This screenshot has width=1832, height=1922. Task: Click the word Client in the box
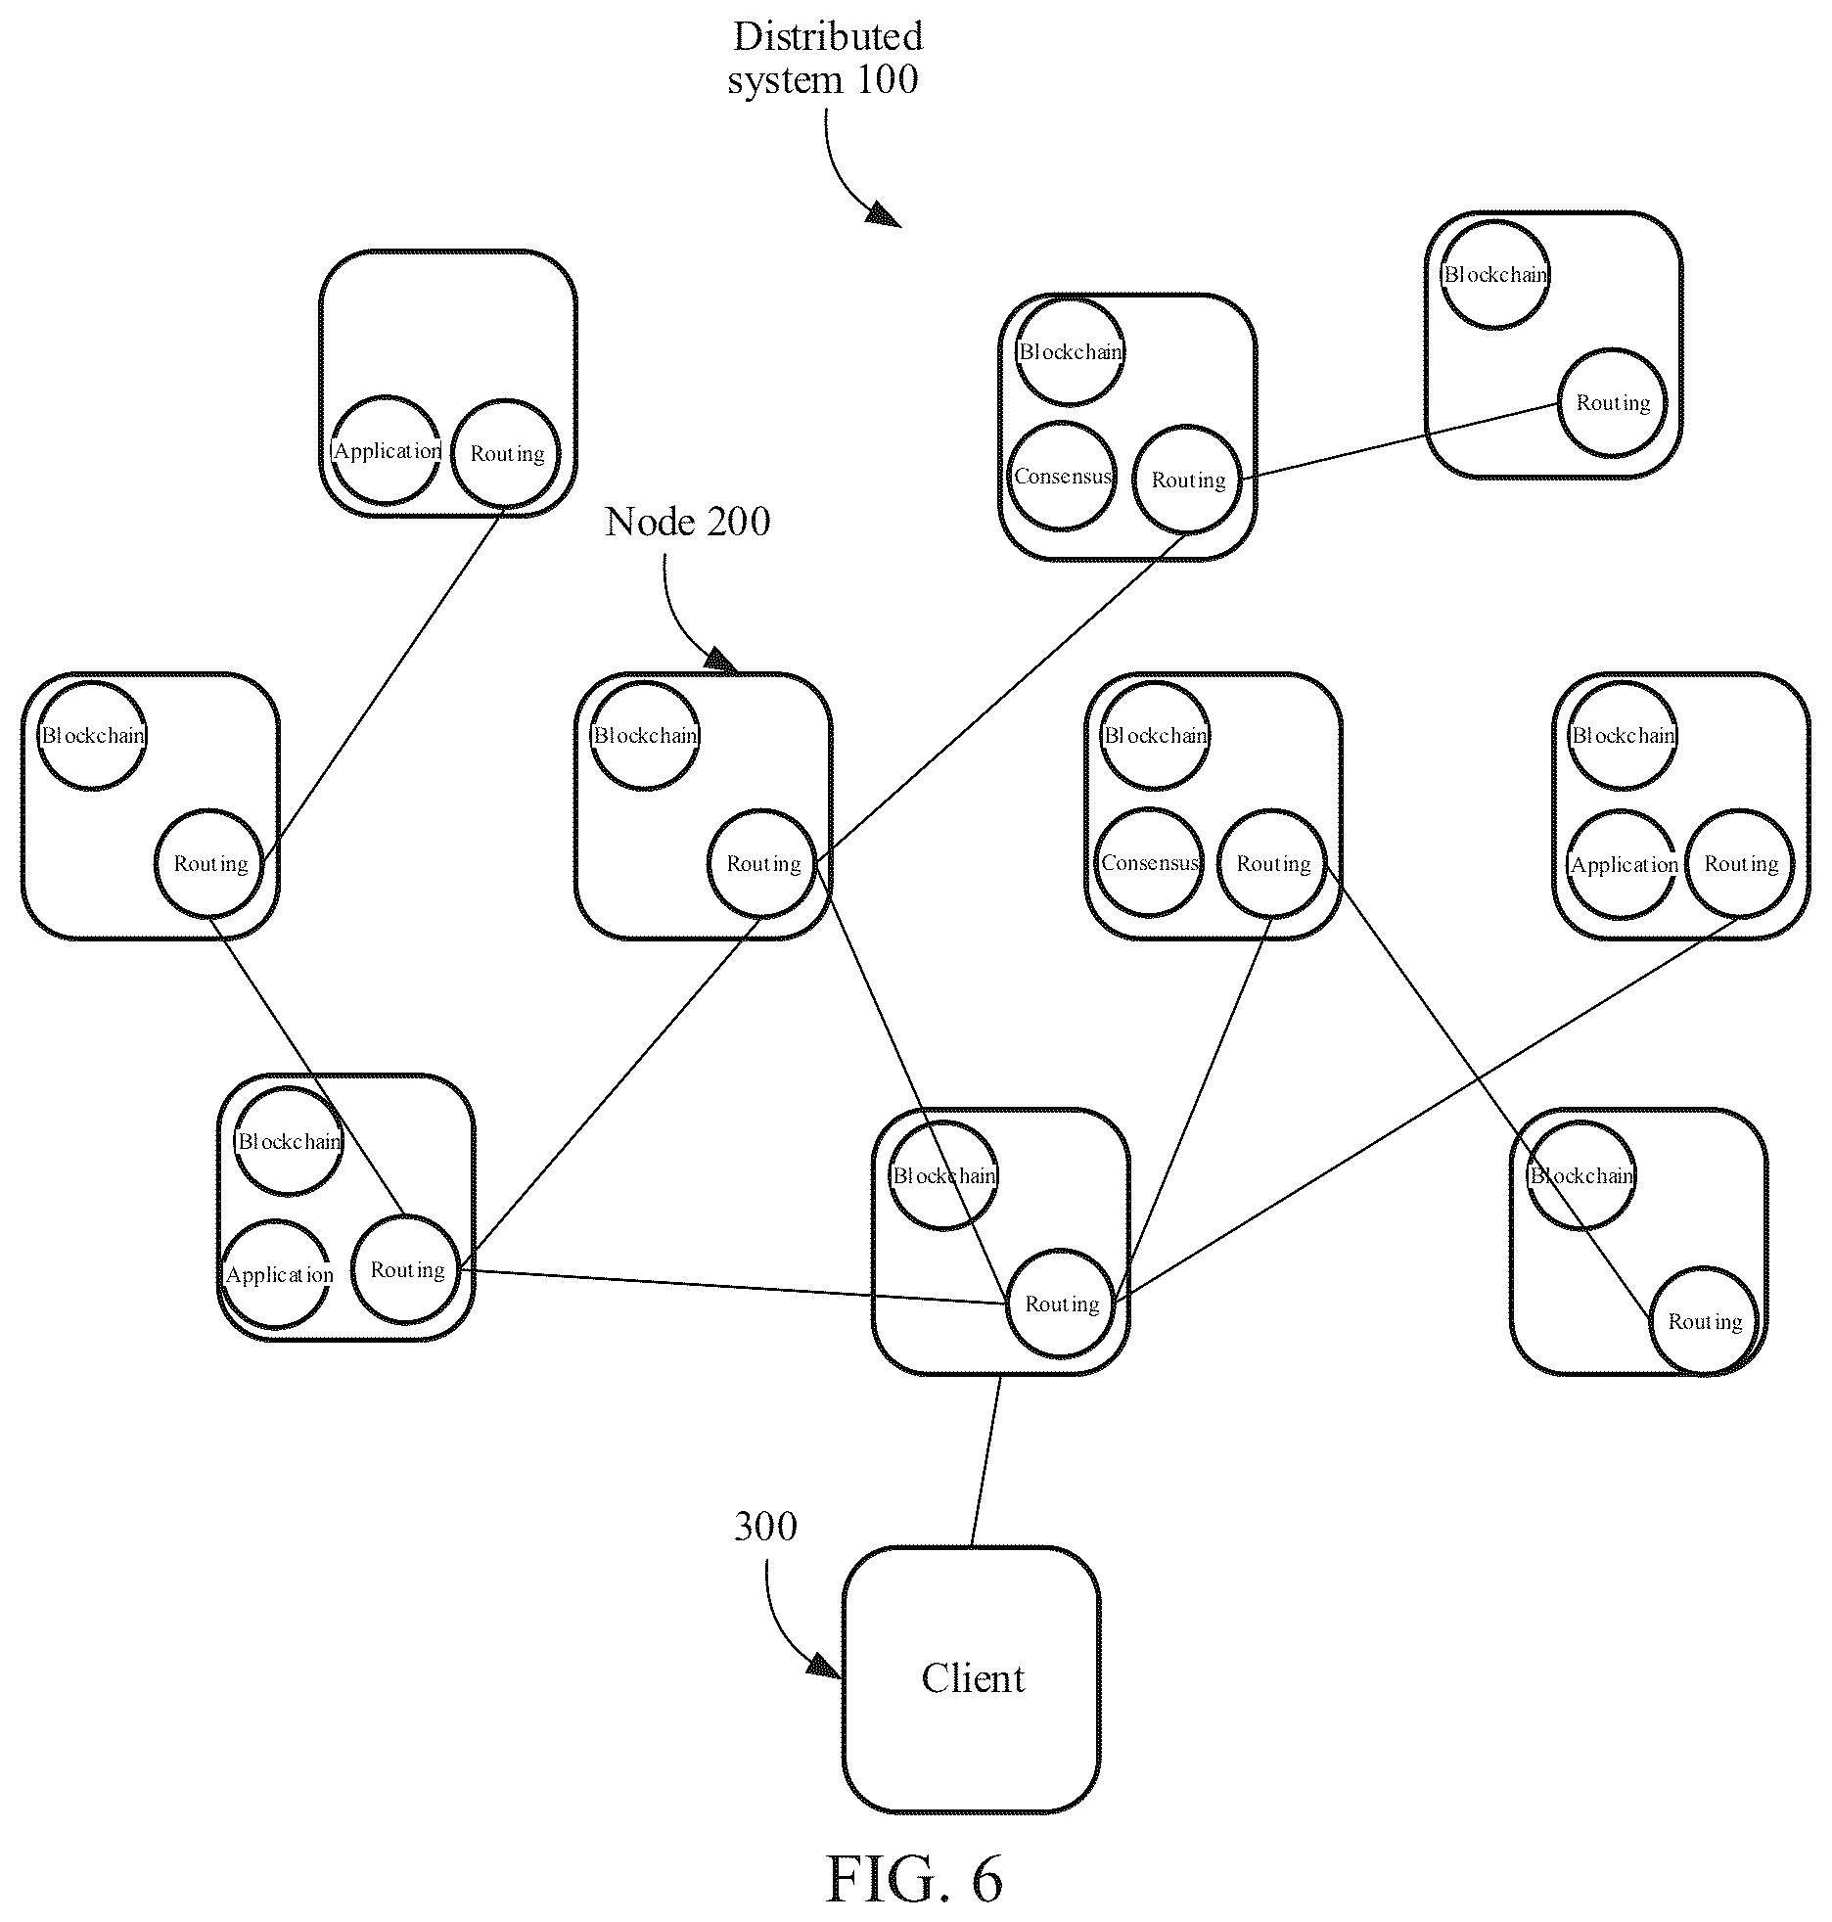[x=973, y=1678]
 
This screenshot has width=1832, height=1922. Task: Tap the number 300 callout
[x=765, y=1526]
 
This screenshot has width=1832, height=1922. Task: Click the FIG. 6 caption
[x=914, y=1878]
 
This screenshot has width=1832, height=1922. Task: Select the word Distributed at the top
[x=828, y=36]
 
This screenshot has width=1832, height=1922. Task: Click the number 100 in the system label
[x=887, y=79]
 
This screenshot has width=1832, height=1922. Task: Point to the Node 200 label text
[x=687, y=522]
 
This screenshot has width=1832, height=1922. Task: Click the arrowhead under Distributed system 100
[x=884, y=214]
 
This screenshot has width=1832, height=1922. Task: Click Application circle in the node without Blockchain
[x=387, y=450]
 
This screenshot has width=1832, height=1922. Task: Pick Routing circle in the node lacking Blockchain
[x=506, y=453]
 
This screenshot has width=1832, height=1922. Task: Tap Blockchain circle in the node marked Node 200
[x=645, y=735]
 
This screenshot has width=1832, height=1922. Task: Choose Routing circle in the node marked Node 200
[x=762, y=863]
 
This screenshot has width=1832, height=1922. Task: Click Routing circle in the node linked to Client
[x=1061, y=1304]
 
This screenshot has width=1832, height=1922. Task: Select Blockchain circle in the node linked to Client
[x=943, y=1175]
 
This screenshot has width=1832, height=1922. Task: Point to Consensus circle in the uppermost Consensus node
[x=1062, y=476]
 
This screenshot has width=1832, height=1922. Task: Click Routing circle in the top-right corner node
[x=1613, y=402]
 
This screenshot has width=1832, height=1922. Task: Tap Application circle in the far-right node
[x=1624, y=864]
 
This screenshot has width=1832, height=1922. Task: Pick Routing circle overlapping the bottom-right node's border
[x=1705, y=1321]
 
